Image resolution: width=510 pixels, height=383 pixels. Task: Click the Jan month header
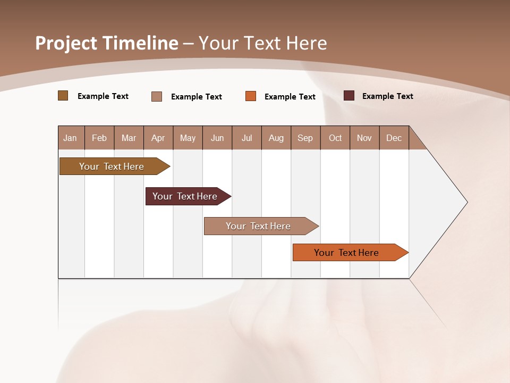click(x=71, y=138)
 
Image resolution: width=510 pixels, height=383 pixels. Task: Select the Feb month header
click(x=99, y=138)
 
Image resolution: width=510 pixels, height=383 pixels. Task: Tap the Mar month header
click(x=129, y=138)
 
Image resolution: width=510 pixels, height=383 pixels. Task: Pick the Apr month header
click(x=158, y=138)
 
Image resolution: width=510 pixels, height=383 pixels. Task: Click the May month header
click(x=188, y=138)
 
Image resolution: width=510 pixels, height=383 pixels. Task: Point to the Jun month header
click(x=217, y=138)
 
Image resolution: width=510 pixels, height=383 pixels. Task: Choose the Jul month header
click(x=246, y=138)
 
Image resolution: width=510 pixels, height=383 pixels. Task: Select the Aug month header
click(x=276, y=138)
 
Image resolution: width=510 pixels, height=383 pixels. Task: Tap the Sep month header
click(x=305, y=138)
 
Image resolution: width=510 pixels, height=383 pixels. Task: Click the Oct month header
click(x=335, y=138)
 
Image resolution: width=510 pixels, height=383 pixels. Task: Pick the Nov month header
click(x=364, y=138)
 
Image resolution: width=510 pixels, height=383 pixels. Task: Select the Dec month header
click(x=394, y=138)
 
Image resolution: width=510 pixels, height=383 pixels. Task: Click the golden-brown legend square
click(x=63, y=96)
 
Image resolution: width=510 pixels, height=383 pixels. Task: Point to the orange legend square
click(x=251, y=96)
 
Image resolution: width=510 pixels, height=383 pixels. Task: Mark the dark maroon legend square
click(x=349, y=96)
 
